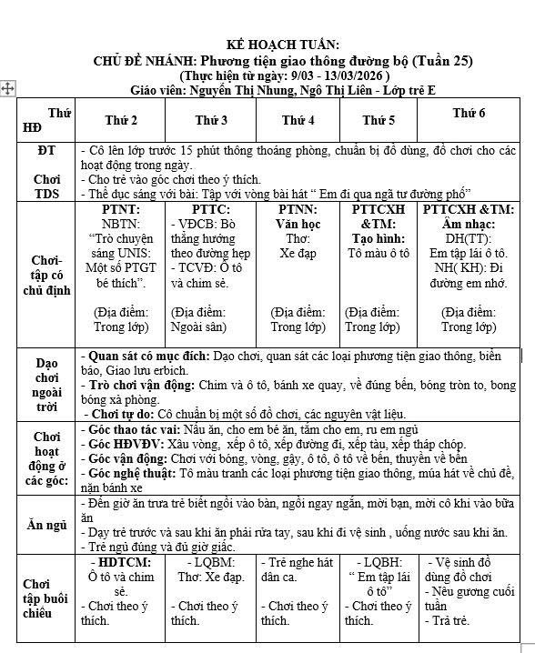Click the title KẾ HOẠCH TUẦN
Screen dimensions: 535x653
click(x=283, y=45)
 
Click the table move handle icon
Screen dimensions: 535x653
click(x=8, y=87)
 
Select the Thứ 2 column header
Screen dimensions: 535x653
click(x=121, y=120)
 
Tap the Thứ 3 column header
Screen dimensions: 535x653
click(x=211, y=120)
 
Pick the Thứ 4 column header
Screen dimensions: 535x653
click(x=298, y=120)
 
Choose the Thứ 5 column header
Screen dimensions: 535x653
click(x=379, y=120)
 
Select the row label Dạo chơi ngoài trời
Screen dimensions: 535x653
click(x=46, y=386)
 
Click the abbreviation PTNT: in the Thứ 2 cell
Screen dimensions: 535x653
click(x=121, y=210)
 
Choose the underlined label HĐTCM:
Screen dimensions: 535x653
click(x=125, y=562)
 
